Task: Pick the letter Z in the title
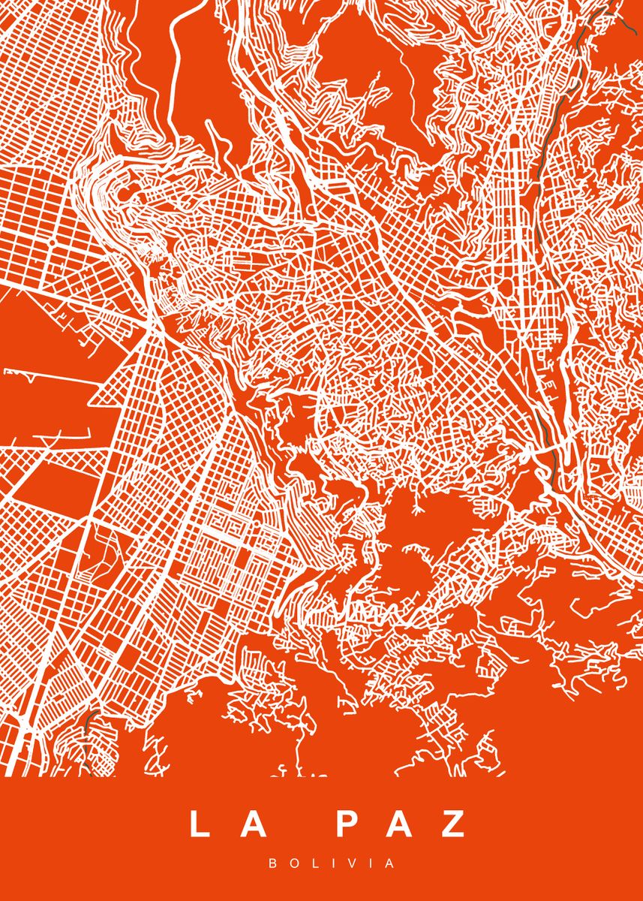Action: pyautogui.click(x=452, y=824)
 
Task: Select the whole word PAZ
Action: pyautogui.click(x=400, y=824)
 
